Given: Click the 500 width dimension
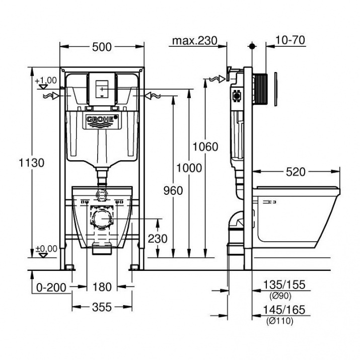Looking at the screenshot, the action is tap(102, 47).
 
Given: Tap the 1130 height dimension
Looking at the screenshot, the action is tap(31, 163).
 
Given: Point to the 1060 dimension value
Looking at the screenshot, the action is tap(205, 147).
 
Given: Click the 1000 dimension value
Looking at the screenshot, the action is tap(189, 168).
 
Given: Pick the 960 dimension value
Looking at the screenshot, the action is tap(173, 190).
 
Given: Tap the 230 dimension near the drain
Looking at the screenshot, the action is tap(158, 239).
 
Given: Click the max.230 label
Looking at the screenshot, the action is tap(194, 41).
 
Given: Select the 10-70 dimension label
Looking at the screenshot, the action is tap(290, 40).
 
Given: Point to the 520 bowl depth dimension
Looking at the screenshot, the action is tap(296, 172).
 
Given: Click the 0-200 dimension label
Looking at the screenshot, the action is tap(51, 287).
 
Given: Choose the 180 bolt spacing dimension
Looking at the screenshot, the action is tap(102, 287).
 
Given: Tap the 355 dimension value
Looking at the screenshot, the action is tap(102, 307).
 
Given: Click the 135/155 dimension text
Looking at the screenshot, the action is tap(284, 285).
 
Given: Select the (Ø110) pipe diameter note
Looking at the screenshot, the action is tap(280, 321).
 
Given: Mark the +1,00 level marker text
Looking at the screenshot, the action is tap(46, 81).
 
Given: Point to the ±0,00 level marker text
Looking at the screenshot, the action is tap(47, 249).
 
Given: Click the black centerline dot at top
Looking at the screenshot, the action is tap(252, 46).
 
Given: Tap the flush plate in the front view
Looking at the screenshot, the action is tap(102, 89).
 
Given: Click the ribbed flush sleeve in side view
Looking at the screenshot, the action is tap(261, 89).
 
